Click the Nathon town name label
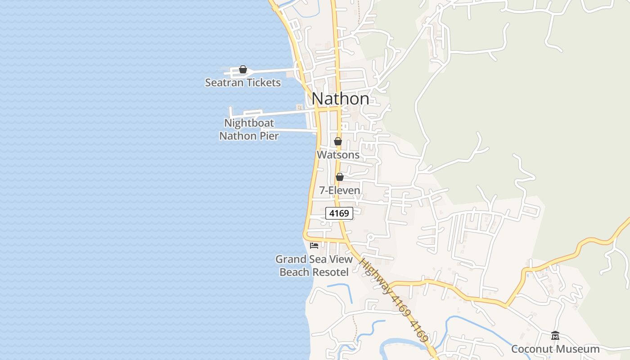coord(340,99)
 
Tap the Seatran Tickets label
coord(243,82)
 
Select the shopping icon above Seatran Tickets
coord(243,69)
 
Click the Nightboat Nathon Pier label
coord(249,129)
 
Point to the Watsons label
coord(338,154)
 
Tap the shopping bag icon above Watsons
coord(338,141)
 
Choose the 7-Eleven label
coord(340,190)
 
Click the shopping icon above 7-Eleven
coord(340,177)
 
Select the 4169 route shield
coord(339,213)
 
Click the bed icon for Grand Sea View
coord(314,245)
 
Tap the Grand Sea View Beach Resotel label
coord(314,265)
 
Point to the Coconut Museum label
coord(555,349)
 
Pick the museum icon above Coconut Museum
coord(555,336)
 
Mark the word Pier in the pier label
coord(268,135)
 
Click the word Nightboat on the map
coord(249,123)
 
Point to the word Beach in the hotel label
coord(294,272)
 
